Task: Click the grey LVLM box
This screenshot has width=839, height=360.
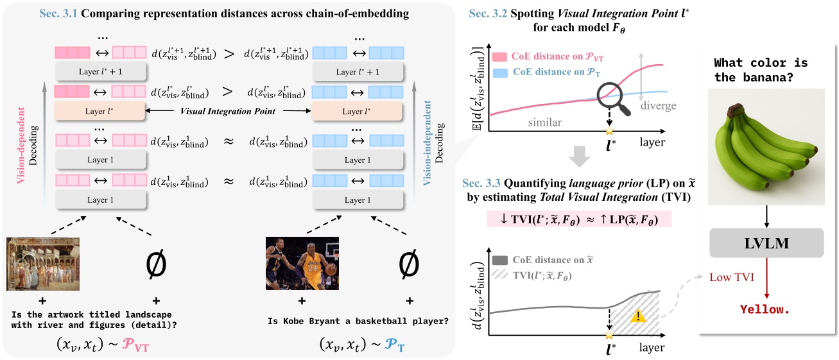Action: click(766, 244)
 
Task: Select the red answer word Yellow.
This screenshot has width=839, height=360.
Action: click(765, 310)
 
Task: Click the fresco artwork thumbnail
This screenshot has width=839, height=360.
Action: click(43, 263)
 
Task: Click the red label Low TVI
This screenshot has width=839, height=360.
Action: click(732, 278)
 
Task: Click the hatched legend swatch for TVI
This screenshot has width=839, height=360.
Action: click(499, 275)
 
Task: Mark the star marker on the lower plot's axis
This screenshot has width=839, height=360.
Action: click(609, 335)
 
